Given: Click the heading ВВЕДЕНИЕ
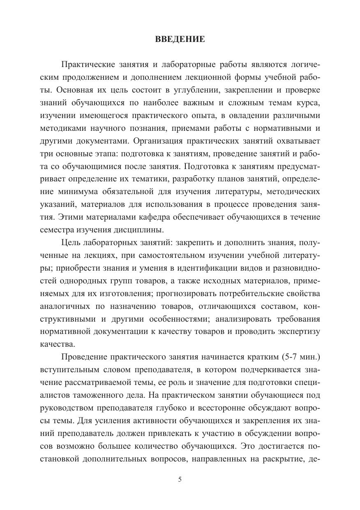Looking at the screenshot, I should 180,39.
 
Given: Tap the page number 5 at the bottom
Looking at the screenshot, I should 180,479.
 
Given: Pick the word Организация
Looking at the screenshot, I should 157,141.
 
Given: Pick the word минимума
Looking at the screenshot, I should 75,192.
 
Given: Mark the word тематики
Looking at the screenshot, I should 150,179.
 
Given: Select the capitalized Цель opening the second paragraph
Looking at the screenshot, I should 70,243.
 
